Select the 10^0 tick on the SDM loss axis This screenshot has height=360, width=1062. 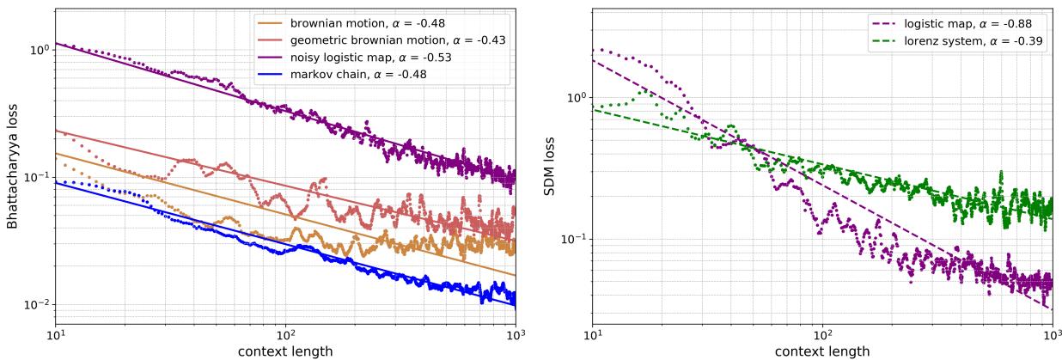(575, 97)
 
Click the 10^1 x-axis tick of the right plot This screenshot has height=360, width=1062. (592, 335)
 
